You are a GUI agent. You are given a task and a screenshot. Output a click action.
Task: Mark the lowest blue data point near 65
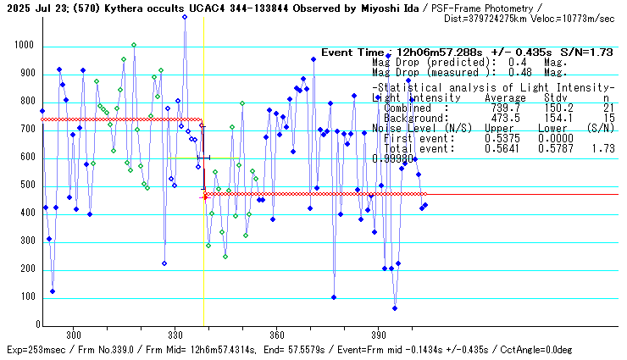(395, 307)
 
